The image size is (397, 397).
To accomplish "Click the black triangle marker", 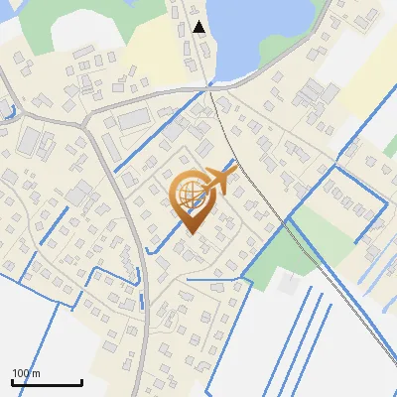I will pyautogui.click(x=199, y=27).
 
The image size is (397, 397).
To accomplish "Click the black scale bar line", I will pyautogui.click(x=47, y=383).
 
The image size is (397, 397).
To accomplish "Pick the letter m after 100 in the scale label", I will pyautogui.click(x=38, y=373).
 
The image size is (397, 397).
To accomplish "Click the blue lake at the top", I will pyautogui.click(x=258, y=35).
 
